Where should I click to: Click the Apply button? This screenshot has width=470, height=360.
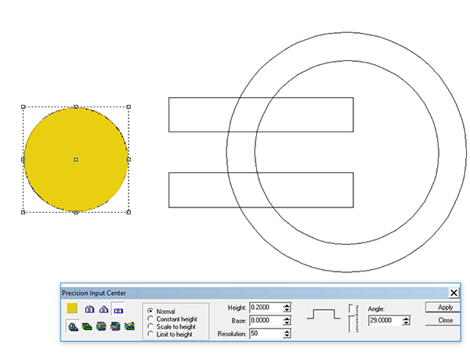pos(443,308)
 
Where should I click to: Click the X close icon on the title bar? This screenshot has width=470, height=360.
pos(454,293)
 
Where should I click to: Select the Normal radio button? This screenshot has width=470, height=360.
pos(150,311)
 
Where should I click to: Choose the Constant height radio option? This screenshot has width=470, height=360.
pos(150,319)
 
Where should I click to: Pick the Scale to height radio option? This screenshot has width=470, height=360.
pos(150,326)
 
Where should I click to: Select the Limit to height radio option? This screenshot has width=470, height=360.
pos(150,334)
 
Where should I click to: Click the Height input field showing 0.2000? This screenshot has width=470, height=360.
pos(266,308)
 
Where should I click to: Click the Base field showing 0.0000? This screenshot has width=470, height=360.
pos(266,320)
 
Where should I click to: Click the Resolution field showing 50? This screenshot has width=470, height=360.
pos(266,333)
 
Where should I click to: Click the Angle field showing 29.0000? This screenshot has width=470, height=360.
pos(385,320)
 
